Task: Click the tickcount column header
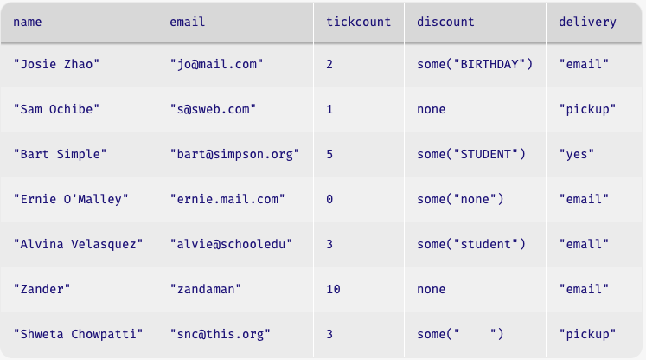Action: [x=358, y=22]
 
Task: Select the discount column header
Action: [x=445, y=22]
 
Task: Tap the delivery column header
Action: [x=587, y=22]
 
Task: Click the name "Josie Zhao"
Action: [x=56, y=64]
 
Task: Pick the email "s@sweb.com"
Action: [x=213, y=109]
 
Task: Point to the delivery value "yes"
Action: [x=576, y=154]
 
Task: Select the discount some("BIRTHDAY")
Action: [x=475, y=64]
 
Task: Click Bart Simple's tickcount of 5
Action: [x=329, y=154]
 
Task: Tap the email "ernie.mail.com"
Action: [x=227, y=199]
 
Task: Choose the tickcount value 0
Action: [x=329, y=199]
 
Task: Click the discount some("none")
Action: [x=460, y=199]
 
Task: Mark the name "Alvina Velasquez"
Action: [x=79, y=244]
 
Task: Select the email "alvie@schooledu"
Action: [x=231, y=244]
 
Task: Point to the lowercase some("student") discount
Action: [x=471, y=244]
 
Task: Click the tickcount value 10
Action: [x=333, y=289]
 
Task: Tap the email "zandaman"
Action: [x=206, y=289]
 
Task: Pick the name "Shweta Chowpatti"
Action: [x=79, y=334]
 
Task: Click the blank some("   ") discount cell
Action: [x=460, y=334]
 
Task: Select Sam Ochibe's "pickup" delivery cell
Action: [x=587, y=109]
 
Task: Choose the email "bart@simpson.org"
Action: [x=235, y=154]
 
